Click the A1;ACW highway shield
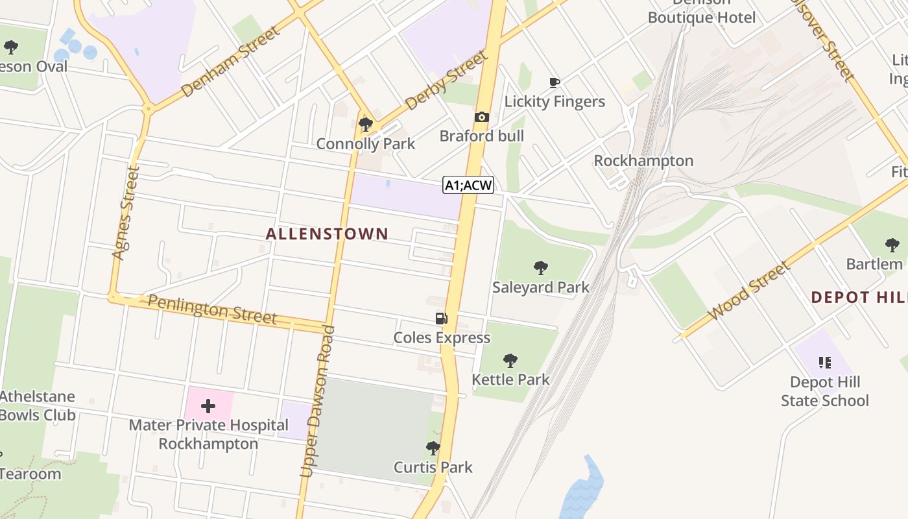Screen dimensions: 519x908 [468, 186]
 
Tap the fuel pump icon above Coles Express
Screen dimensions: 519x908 [441, 318]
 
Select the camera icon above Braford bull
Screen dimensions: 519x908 [481, 117]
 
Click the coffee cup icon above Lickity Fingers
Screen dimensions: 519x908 [554, 82]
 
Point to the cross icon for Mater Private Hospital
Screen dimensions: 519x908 [208, 406]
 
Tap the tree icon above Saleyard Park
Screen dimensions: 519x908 [540, 267]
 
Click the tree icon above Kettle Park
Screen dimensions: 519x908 [510, 360]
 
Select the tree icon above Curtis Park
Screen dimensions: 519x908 [433, 448]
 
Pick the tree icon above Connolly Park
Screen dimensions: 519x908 [365, 124]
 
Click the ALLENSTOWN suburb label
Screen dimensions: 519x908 [327, 234]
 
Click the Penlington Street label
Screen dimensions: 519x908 [212, 309]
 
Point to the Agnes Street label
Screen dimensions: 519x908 [126, 213]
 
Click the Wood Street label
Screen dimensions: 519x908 [750, 290]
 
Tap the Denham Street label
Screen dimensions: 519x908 [231, 62]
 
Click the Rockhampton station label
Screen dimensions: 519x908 [643, 160]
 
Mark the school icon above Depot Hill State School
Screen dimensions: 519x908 [824, 362]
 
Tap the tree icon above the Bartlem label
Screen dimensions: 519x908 [892, 245]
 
